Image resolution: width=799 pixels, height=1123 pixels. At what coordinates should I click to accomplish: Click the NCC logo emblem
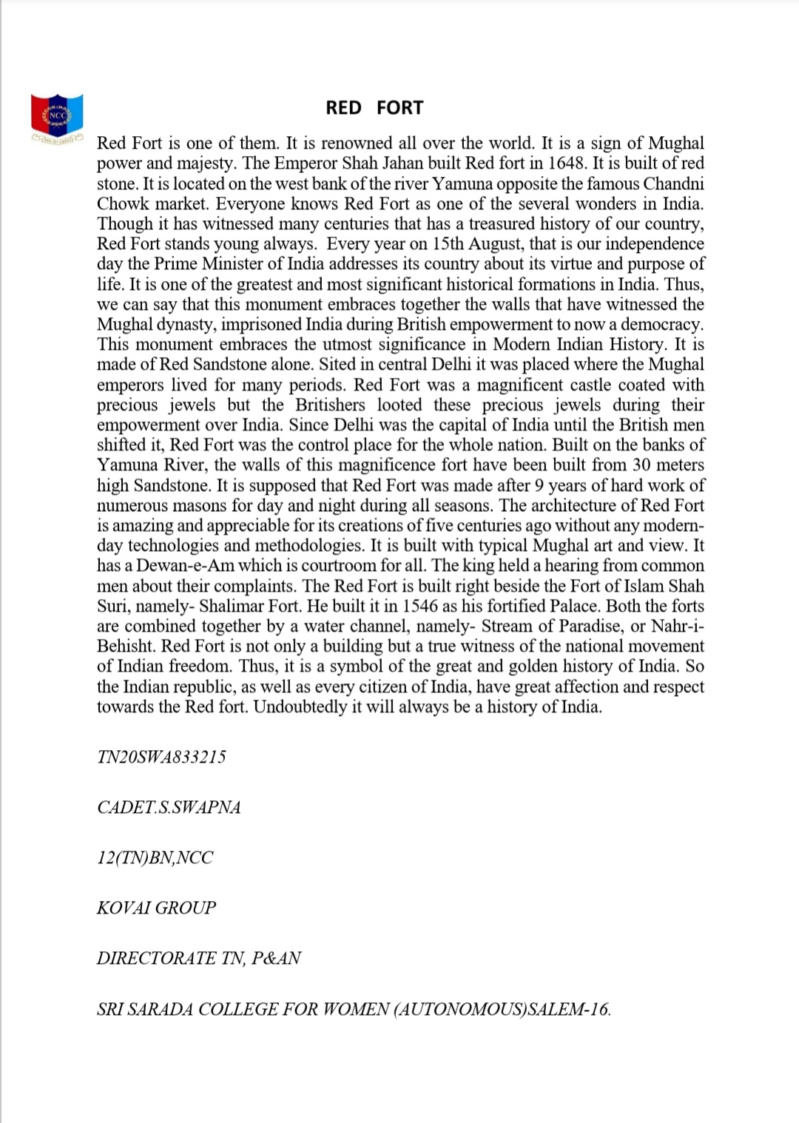57,117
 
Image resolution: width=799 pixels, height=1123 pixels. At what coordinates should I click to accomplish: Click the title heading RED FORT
374,108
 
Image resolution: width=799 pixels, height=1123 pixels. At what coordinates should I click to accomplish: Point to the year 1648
567,163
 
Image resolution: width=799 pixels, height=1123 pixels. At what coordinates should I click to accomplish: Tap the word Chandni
673,183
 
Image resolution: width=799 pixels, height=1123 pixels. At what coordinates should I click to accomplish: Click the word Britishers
330,405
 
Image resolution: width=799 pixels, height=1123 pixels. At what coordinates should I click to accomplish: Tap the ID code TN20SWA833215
161,757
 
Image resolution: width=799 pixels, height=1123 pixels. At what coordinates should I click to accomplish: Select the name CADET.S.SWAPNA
169,807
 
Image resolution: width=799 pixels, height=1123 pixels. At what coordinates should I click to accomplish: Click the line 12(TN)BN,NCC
155,857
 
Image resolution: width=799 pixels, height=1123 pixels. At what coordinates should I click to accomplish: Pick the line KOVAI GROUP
156,908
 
